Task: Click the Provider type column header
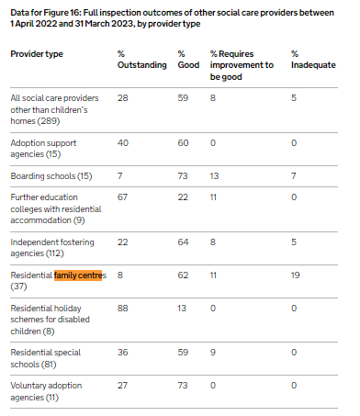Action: click(x=37, y=54)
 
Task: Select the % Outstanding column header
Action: click(x=142, y=60)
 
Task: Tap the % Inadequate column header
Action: click(x=313, y=60)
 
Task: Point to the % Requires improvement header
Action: click(x=242, y=65)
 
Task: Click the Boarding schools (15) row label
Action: click(x=51, y=176)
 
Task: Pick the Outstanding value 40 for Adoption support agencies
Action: click(x=123, y=143)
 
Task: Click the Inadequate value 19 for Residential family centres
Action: click(x=295, y=275)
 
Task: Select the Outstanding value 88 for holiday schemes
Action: click(x=123, y=308)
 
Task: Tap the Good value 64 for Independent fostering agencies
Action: click(x=183, y=242)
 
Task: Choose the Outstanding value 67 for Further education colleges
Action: click(x=122, y=197)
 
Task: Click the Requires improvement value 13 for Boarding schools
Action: click(x=214, y=176)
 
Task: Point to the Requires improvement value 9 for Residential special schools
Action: click(x=213, y=353)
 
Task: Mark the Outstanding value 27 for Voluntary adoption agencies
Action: click(x=122, y=386)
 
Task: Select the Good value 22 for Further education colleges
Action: click(x=183, y=197)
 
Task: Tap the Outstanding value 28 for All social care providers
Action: click(x=123, y=98)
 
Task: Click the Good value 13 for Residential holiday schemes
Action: click(x=182, y=308)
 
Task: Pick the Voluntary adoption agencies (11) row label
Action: click(x=46, y=391)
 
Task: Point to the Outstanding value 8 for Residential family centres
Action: click(x=120, y=275)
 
